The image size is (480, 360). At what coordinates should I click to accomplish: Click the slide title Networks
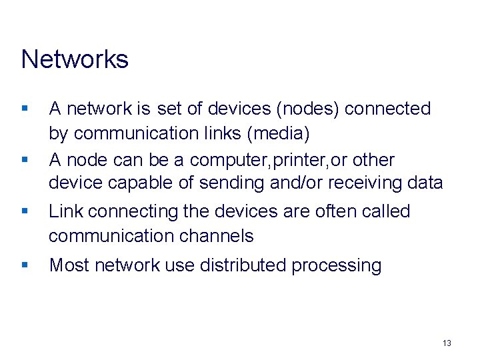(75, 59)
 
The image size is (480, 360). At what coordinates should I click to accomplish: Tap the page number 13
(447, 343)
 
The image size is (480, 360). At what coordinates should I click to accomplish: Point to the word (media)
(278, 133)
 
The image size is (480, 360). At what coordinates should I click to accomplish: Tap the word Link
(66, 211)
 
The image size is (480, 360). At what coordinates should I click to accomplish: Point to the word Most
(69, 265)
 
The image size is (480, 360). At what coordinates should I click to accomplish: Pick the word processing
(337, 266)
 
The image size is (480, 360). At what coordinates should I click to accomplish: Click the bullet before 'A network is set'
(25, 108)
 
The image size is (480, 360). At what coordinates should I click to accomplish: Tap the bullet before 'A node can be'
(25, 160)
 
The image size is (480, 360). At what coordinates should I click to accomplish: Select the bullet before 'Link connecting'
(25, 211)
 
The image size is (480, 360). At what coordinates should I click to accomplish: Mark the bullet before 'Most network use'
(25, 265)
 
